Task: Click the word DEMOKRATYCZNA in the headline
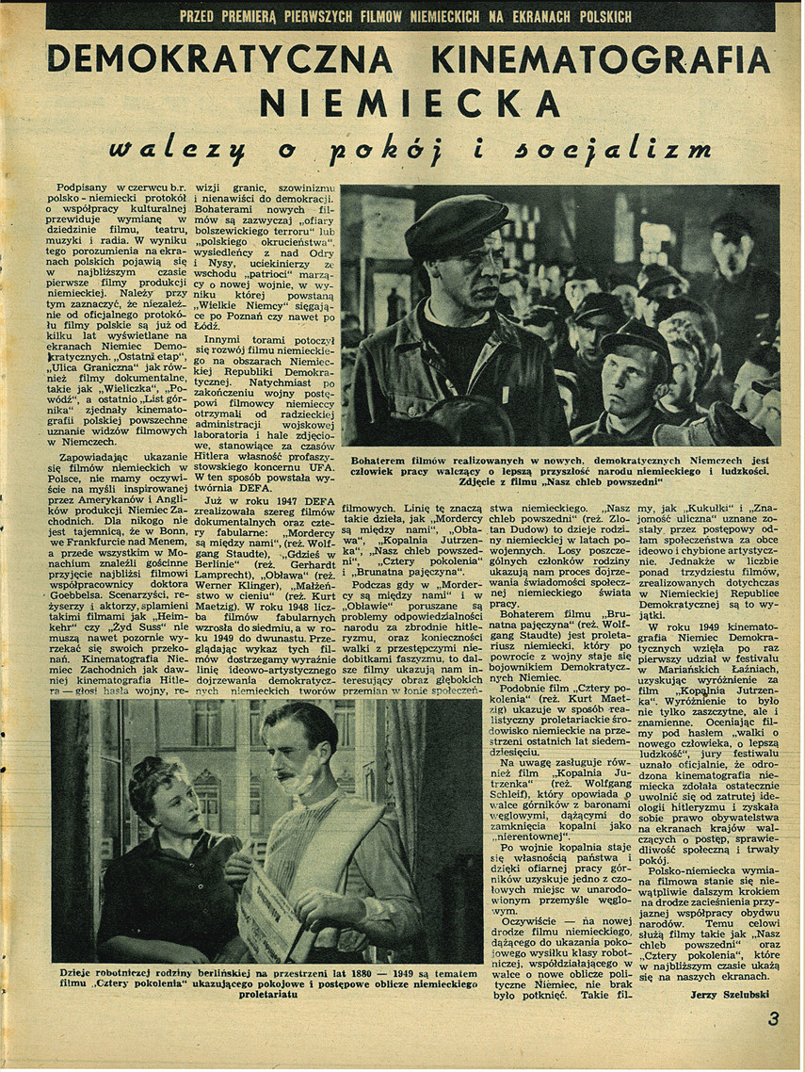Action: click(218, 60)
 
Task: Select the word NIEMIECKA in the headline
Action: click(410, 102)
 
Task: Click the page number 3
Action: click(773, 1019)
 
